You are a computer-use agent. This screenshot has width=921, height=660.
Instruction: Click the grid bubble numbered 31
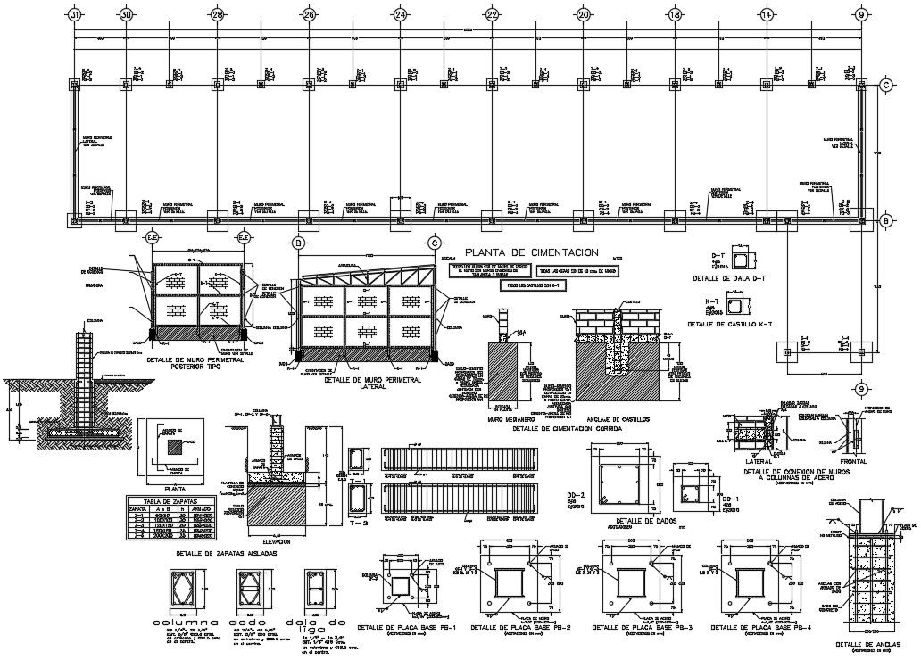pyautogui.click(x=75, y=15)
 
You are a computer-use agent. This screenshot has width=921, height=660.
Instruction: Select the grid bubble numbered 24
pyautogui.click(x=400, y=15)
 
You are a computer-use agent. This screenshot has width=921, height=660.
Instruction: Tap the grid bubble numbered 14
pyautogui.click(x=766, y=15)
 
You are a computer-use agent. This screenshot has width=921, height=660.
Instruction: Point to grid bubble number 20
pyautogui.click(x=584, y=15)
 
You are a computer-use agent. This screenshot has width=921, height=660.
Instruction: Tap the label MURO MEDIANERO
pyautogui.click(x=510, y=418)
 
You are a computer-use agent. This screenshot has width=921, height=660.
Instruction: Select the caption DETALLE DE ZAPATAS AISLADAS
pyautogui.click(x=226, y=553)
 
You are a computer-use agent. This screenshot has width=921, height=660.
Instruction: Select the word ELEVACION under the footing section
pyautogui.click(x=278, y=540)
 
